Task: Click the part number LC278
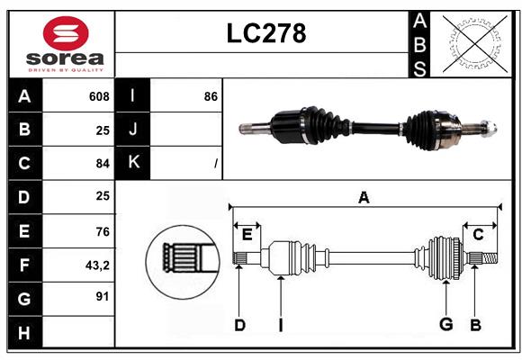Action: [x=265, y=33]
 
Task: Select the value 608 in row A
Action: [x=99, y=96]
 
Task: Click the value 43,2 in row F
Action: [x=97, y=265]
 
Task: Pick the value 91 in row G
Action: [x=102, y=296]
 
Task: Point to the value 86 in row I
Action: [x=211, y=96]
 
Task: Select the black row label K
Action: [x=133, y=163]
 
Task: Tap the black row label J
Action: [x=133, y=130]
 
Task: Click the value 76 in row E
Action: [x=102, y=230]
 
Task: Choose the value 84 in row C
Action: [x=102, y=164]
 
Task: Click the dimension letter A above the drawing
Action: [x=364, y=198]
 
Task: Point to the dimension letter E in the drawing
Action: [x=247, y=234]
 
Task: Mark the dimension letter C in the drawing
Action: [x=478, y=234]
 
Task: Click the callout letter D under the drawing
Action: [x=239, y=325]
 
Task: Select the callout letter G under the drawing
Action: [x=445, y=325]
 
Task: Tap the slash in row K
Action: [x=216, y=164]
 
